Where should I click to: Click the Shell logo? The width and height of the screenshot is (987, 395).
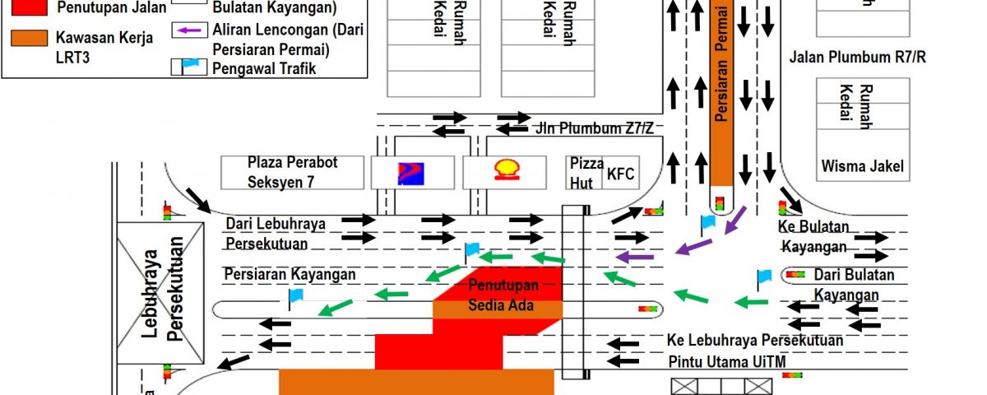505,171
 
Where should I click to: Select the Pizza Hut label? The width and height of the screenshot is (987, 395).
586,172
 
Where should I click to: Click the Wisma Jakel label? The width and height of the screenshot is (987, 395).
862,167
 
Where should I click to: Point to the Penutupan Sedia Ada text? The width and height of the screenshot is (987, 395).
503,295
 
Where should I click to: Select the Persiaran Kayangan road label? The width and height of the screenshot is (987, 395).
290,274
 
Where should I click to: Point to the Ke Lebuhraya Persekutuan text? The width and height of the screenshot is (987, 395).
755,340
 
